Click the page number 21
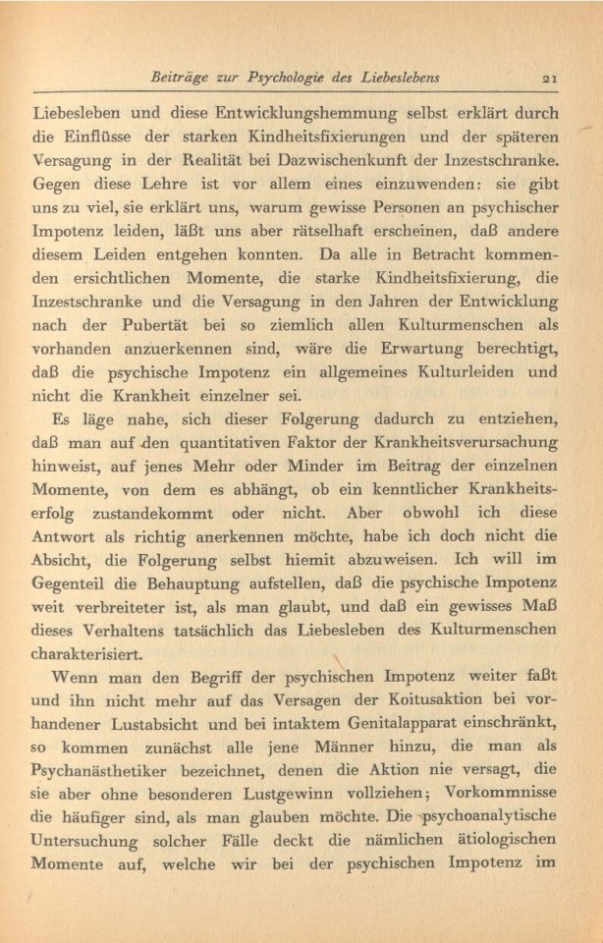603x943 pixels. (x=549, y=78)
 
